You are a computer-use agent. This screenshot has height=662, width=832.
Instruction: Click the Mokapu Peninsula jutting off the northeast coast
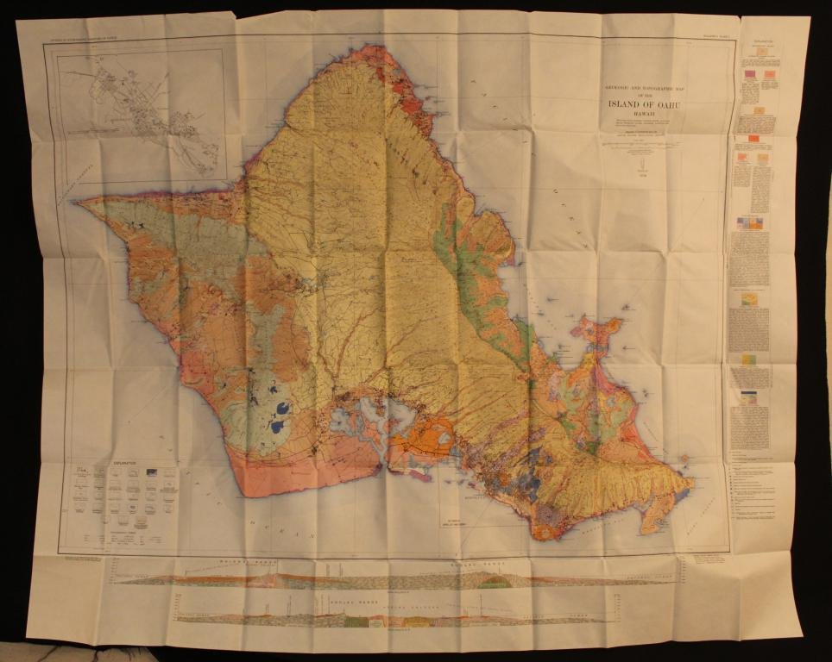pos(596,332)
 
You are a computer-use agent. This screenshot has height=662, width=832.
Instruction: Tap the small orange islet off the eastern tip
pos(684,459)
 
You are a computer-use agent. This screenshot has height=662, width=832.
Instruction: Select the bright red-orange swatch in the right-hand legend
pos(753,139)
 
